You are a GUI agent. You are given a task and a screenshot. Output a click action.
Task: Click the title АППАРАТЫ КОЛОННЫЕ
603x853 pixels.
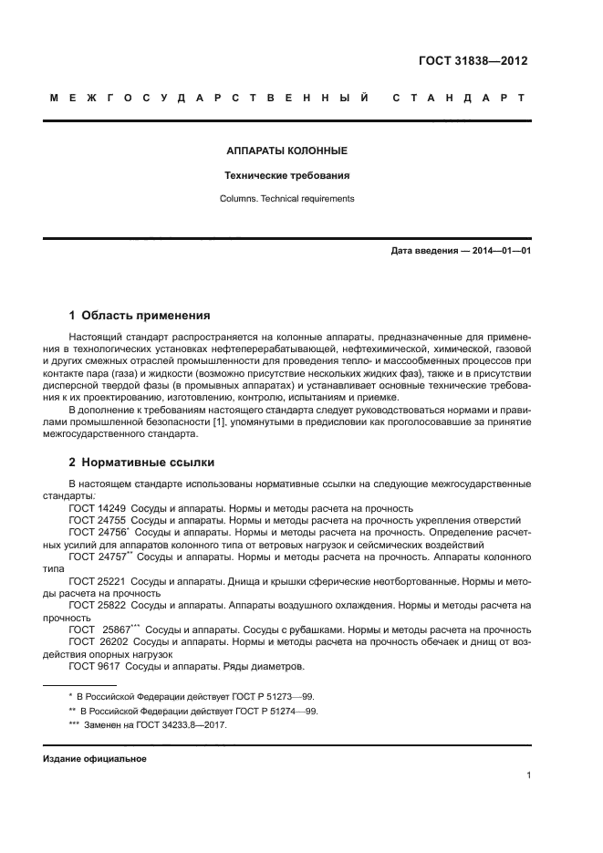pyautogui.click(x=286, y=150)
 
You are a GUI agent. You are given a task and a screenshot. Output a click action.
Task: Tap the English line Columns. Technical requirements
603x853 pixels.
pyautogui.click(x=286, y=198)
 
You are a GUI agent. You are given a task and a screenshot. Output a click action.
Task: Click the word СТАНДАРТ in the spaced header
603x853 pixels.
pyautogui.click(x=460, y=99)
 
